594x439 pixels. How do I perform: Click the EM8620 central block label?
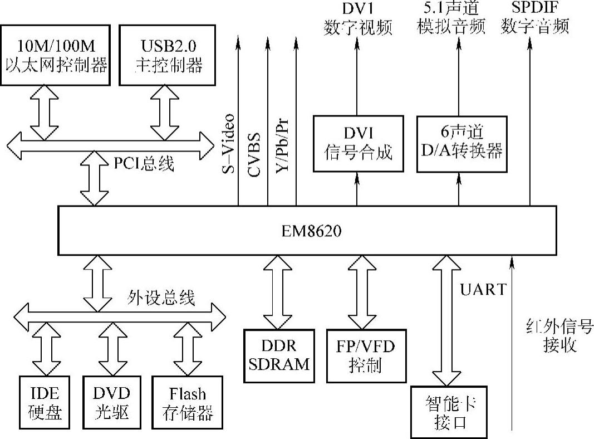(307, 230)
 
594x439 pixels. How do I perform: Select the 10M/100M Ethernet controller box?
(55, 55)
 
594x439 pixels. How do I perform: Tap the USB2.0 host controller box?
(168, 55)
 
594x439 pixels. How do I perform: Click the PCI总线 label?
(144, 164)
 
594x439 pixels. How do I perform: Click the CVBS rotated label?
(255, 154)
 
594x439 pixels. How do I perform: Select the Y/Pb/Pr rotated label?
(283, 147)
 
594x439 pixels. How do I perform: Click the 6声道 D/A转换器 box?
(462, 143)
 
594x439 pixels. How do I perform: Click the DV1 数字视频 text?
(359, 18)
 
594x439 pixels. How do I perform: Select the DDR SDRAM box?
(279, 355)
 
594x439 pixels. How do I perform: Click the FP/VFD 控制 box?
(365, 355)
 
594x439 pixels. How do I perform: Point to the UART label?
(483, 289)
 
